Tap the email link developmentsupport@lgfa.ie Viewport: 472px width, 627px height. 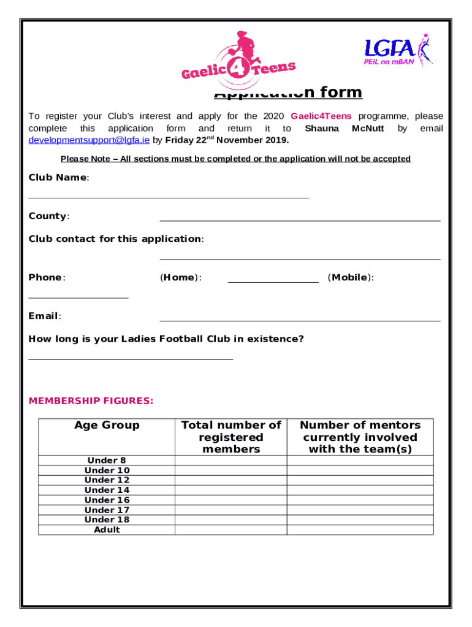point(89,140)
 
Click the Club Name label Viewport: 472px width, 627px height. point(58,178)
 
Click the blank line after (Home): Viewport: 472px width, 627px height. point(273,281)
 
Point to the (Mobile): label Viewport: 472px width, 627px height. point(351,277)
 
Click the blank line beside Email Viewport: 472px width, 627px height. point(300,319)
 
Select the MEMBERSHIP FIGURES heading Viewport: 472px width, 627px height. point(91,401)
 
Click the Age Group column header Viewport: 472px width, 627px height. point(107,425)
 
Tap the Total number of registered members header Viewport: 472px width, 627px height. point(231,437)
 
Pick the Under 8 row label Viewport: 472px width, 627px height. point(107,460)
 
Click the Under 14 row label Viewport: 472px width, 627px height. point(107,490)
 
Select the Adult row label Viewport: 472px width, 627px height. point(107,530)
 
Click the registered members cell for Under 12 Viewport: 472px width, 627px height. point(231,480)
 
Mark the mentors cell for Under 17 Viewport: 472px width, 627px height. point(360,510)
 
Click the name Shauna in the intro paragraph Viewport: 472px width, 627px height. point(322,129)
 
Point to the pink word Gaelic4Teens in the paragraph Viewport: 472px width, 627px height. point(321,116)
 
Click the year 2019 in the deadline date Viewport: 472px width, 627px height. point(275,140)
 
